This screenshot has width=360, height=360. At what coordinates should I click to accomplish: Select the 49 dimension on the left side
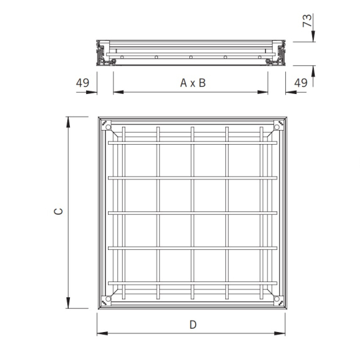tap(83, 83)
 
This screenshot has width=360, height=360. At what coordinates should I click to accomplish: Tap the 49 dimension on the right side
tap(301, 83)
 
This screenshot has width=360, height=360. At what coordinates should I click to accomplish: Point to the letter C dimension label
tap(59, 212)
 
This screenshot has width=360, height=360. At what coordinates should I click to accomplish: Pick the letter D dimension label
tap(193, 325)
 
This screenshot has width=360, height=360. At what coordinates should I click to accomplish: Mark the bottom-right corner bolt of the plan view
tap(277, 299)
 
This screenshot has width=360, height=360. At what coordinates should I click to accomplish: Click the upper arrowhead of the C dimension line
tap(68, 121)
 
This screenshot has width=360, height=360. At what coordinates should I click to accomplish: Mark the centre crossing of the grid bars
tap(193, 213)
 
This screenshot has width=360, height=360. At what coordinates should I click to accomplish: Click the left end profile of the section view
tap(103, 53)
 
